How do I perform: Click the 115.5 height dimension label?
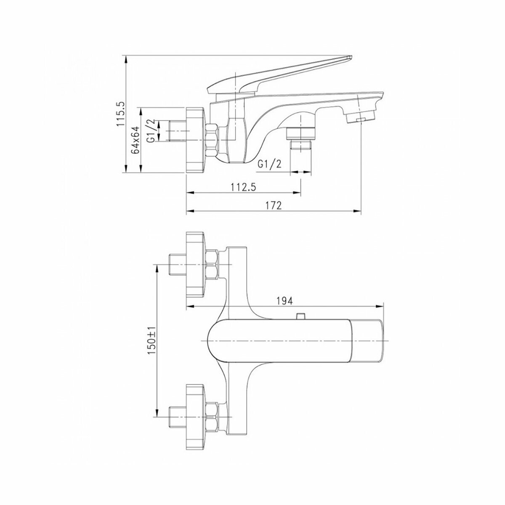coord(121,114)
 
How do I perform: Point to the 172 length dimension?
coord(274,205)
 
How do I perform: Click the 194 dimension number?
coord(285,300)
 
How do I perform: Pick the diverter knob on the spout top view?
coord(300,316)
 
